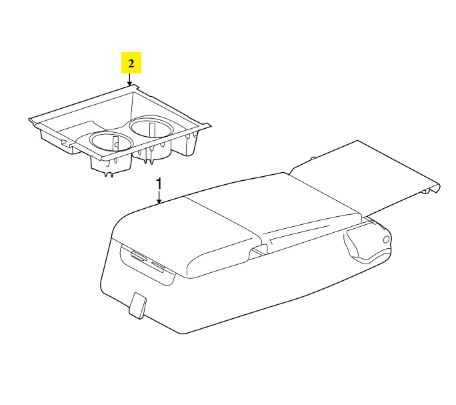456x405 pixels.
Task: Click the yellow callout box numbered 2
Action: [x=131, y=63]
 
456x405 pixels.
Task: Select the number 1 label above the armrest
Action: [x=159, y=184]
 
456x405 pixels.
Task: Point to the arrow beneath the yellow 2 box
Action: [x=130, y=79]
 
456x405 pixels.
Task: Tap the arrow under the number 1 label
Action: [x=159, y=197]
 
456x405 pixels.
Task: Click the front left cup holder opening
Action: [x=111, y=141]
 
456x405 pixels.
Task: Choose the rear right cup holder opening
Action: [x=151, y=127]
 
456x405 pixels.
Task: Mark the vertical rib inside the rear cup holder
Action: [x=151, y=129]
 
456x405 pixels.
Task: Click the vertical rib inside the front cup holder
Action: [x=115, y=143]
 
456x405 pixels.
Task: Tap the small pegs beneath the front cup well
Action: [x=109, y=174]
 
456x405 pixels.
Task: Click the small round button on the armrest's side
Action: [x=386, y=240]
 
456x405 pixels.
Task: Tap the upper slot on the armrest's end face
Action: [x=139, y=255]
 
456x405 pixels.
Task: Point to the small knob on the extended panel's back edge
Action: [x=313, y=158]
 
